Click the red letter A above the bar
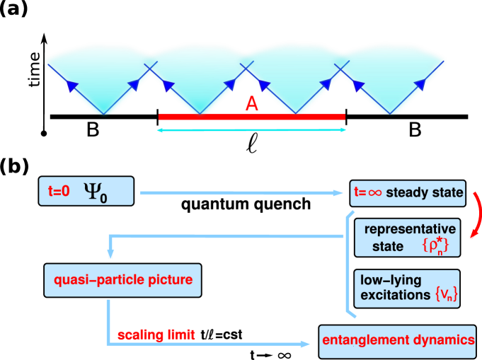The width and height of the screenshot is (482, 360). [251, 105]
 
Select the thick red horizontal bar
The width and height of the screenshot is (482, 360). [251, 117]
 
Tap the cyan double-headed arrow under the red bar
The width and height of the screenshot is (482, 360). [251, 130]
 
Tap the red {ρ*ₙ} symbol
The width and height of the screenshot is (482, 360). [435, 246]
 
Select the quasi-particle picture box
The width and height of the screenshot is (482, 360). [123, 280]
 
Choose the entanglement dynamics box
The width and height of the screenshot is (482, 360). [398, 340]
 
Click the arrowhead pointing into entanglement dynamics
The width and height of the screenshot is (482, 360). [306, 344]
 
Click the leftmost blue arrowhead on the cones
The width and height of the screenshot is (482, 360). [71, 86]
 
